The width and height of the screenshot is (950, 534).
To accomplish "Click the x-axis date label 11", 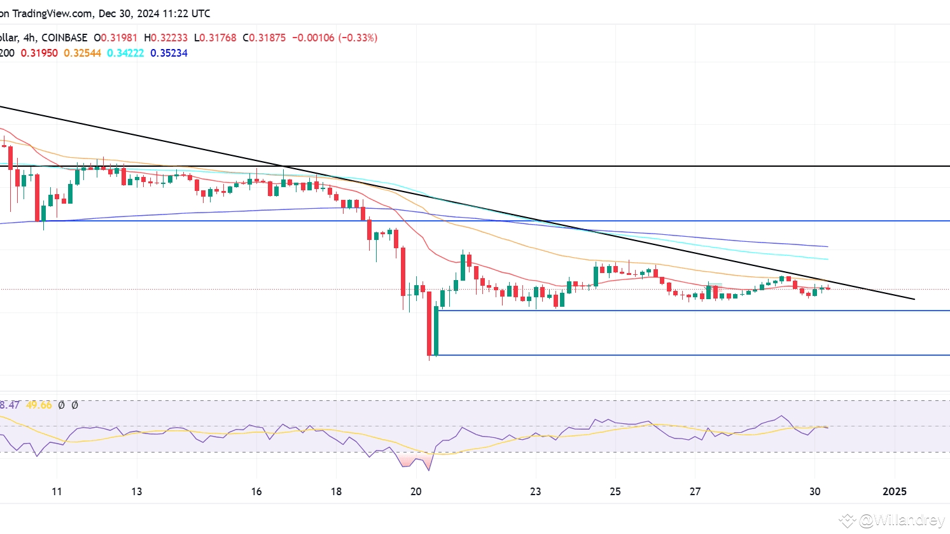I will click(x=57, y=491).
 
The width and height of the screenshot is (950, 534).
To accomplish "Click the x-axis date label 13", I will click(x=137, y=491).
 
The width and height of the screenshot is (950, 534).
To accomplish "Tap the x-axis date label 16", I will click(x=256, y=491).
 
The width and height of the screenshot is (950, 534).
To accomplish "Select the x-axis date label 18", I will click(x=336, y=491).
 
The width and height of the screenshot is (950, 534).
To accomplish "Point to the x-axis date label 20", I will click(x=416, y=491).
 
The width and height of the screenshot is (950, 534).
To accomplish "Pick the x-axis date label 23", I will click(x=536, y=491).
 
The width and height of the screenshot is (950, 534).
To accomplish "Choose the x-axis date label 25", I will click(x=615, y=491).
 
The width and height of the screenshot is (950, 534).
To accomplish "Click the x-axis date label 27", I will click(x=695, y=491).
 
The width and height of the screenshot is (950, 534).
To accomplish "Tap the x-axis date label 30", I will click(x=815, y=491).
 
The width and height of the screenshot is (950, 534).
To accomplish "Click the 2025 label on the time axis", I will click(x=894, y=491).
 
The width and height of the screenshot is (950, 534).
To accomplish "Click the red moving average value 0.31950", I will click(x=39, y=53).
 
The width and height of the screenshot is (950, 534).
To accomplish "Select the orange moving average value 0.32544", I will click(x=82, y=53).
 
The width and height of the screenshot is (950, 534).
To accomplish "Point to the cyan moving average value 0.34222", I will click(x=125, y=53).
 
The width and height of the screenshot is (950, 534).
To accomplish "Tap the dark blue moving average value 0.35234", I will click(x=169, y=53).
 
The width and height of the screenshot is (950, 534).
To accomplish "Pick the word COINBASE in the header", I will click(x=64, y=38).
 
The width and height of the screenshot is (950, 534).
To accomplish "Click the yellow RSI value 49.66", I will click(x=39, y=405).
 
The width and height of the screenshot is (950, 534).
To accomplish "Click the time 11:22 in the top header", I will click(x=169, y=13).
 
